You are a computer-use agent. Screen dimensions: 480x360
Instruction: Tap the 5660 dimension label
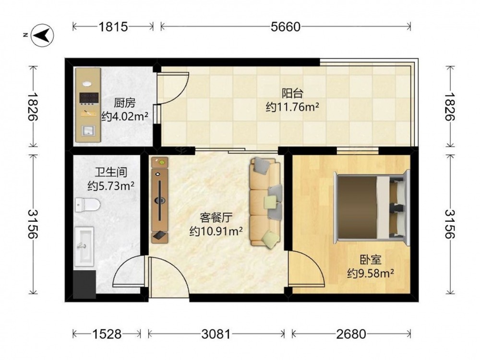click(x=285, y=27)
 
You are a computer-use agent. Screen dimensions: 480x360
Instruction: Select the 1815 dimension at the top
click(x=113, y=27)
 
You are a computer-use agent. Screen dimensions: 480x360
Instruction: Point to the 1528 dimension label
click(x=107, y=334)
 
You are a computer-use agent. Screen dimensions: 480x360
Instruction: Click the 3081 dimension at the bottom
click(x=216, y=334)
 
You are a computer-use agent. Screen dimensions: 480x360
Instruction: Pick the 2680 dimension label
click(x=351, y=334)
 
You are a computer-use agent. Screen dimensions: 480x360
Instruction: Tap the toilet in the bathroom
click(x=87, y=204)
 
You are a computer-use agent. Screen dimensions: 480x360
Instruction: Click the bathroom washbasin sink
click(x=84, y=246)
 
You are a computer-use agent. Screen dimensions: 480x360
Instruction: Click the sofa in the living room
click(x=265, y=202)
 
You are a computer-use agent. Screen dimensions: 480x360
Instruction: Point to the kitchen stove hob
click(x=89, y=97)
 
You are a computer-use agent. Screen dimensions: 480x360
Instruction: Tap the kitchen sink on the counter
click(x=88, y=132)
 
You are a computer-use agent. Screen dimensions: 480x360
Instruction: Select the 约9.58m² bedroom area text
click(x=370, y=274)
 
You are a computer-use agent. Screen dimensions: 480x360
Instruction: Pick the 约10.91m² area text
click(x=216, y=231)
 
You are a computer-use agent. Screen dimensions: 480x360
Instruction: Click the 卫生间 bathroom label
click(x=110, y=172)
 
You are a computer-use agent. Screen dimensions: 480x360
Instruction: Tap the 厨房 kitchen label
click(x=125, y=103)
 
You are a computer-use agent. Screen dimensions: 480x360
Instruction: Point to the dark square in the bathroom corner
click(x=85, y=284)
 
